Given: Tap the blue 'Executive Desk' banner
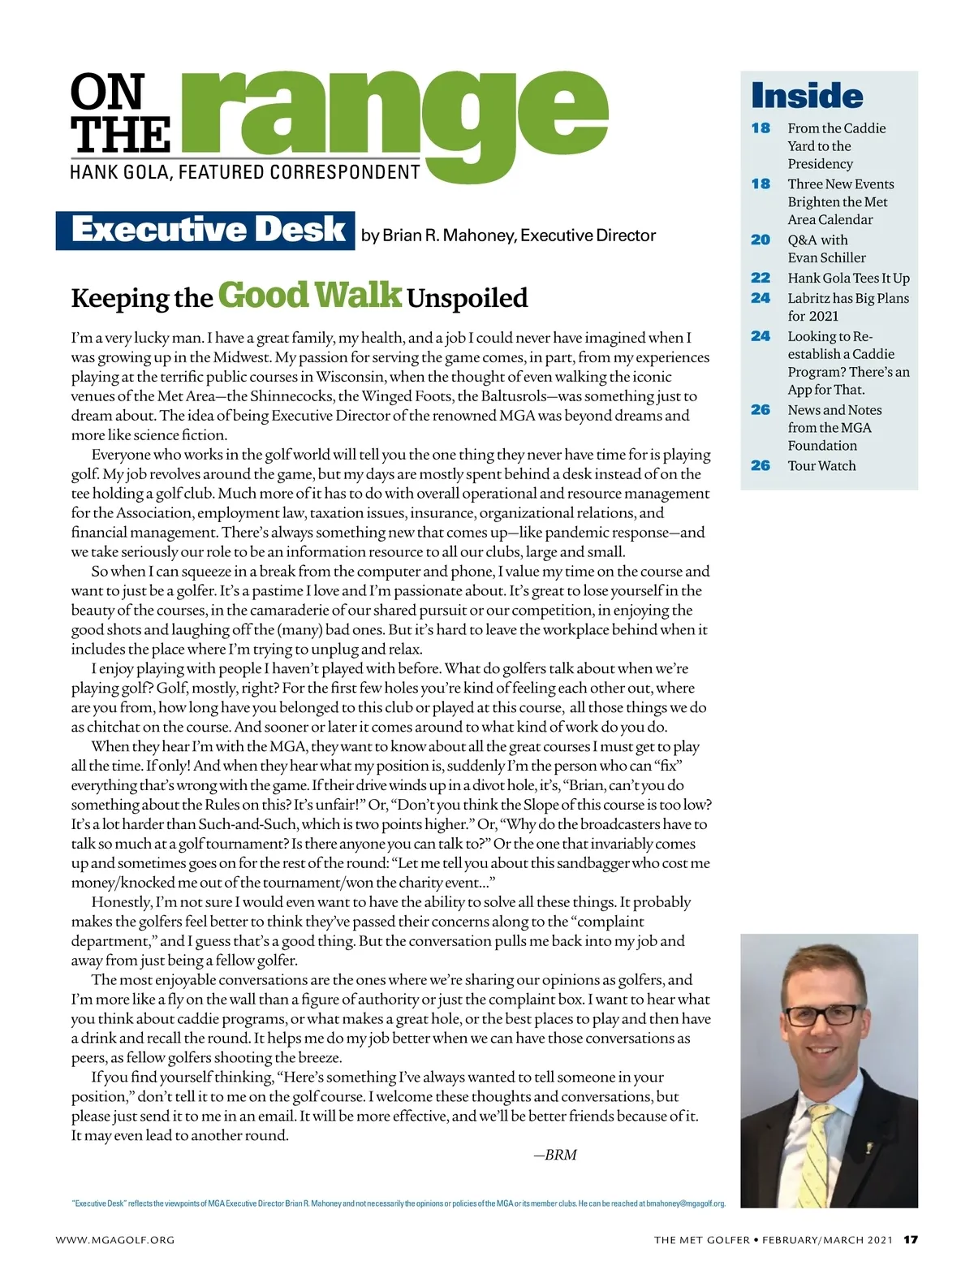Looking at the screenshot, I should [x=206, y=230].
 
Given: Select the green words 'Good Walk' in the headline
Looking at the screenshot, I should [x=309, y=296].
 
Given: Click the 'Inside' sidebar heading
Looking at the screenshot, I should [x=807, y=96].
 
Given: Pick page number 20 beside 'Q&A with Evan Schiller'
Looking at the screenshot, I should [x=761, y=240].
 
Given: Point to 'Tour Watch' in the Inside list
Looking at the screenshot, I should [x=821, y=465].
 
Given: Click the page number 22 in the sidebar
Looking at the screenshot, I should [x=761, y=278].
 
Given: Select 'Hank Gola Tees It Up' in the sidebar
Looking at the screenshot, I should [x=848, y=278].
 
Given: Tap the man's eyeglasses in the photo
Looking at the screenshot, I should [x=821, y=1014].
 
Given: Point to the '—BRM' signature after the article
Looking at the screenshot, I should [x=555, y=1155].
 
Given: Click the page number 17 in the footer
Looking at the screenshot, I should [x=911, y=1239].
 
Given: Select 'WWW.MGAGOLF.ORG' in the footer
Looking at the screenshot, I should [x=115, y=1240].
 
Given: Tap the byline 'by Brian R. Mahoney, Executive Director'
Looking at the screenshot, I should [x=508, y=235].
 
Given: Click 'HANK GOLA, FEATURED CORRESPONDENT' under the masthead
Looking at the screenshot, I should [x=245, y=172].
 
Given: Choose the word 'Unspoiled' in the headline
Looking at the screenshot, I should [x=467, y=298].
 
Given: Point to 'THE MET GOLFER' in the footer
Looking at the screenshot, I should [x=701, y=1240].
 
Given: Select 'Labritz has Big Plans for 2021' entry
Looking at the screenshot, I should [x=847, y=307].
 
